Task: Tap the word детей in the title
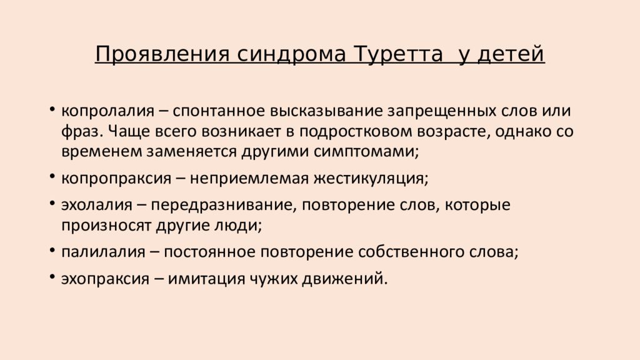[x=511, y=54]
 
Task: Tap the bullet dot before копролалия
[x=51, y=111]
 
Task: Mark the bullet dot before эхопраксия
[x=51, y=278]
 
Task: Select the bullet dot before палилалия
[x=51, y=251]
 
